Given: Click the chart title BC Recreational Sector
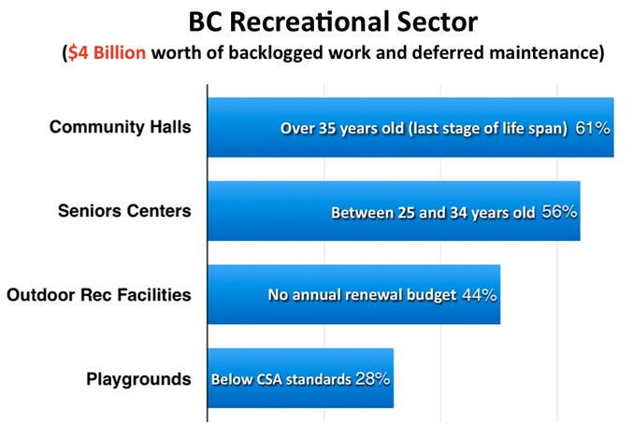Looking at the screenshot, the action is (x=333, y=21).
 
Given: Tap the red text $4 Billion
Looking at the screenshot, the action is (x=107, y=53).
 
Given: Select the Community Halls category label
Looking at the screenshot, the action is (x=121, y=127).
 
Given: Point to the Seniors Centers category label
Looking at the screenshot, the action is (x=124, y=211).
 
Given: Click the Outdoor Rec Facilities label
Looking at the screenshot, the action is (x=99, y=294).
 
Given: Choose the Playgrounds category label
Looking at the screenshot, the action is (x=138, y=379).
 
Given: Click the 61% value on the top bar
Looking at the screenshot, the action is (x=593, y=128).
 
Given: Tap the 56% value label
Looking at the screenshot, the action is (x=559, y=212).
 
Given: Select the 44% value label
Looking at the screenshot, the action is (x=479, y=295).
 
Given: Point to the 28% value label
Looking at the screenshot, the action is (x=373, y=379).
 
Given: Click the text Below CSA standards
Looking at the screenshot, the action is (x=281, y=380).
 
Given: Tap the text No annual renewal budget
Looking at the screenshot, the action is (x=362, y=295).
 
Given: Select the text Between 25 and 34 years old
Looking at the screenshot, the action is (x=433, y=212).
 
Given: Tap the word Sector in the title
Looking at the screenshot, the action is (x=437, y=22).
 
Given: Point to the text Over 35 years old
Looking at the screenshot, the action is (x=342, y=129).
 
